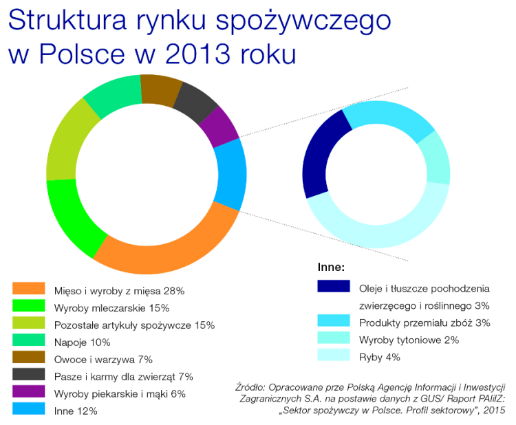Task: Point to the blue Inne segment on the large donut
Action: tap(230, 175)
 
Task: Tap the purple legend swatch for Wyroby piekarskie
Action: tap(28, 393)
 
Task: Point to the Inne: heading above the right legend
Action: tap(331, 265)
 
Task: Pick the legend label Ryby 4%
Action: tap(379, 357)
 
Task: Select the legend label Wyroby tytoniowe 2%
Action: tap(409, 340)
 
